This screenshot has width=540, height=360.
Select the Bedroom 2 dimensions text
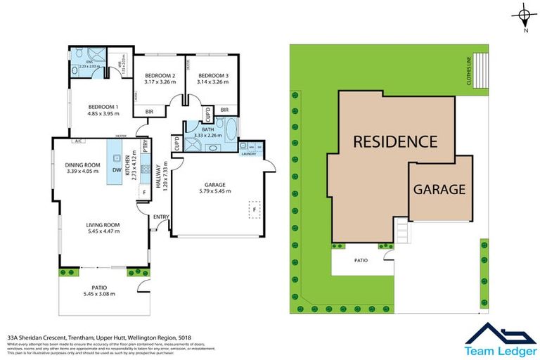coord(160,82)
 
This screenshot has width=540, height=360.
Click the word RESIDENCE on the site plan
coord(394,141)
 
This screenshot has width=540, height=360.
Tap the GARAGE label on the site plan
coord(439,189)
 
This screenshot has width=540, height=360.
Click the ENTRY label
coord(161,217)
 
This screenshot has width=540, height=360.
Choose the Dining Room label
coord(83,165)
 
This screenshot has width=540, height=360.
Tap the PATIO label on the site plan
coord(361,260)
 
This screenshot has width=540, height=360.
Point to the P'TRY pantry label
coord(145,148)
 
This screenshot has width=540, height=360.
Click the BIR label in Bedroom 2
coord(150,111)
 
